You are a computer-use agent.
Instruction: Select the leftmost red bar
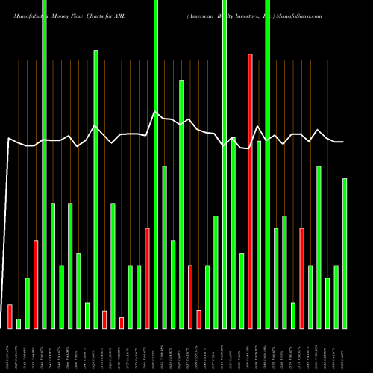coord(10,316)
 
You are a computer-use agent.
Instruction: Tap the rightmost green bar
coord(345,254)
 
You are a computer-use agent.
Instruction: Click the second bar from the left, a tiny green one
coord(19,323)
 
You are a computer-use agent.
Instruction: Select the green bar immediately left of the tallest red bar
coord(242,291)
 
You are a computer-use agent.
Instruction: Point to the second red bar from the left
coord(36,284)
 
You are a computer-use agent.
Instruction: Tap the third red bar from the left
coord(104,319)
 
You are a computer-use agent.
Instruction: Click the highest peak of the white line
coord(155,112)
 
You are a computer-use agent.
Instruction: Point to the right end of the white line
coord(343,142)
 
